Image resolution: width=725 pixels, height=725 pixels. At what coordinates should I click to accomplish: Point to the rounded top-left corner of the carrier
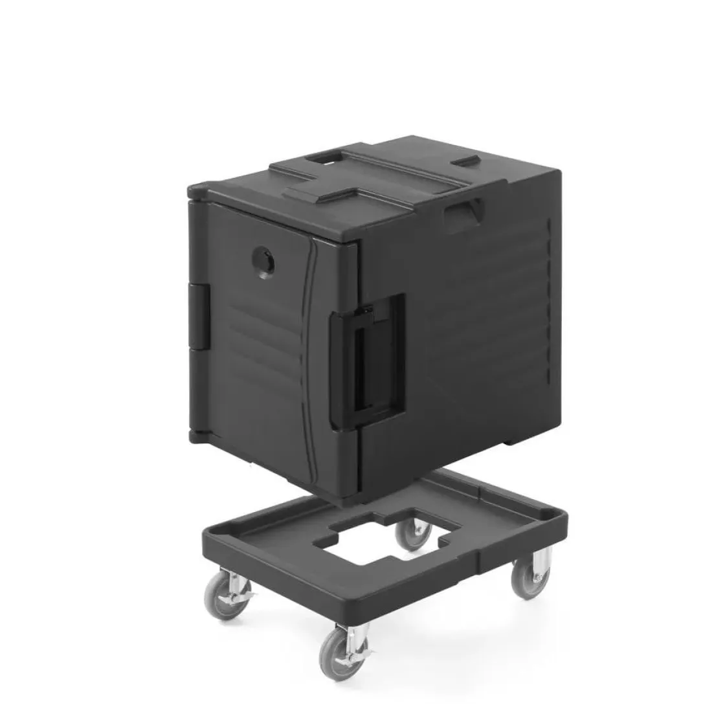point(194,190)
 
